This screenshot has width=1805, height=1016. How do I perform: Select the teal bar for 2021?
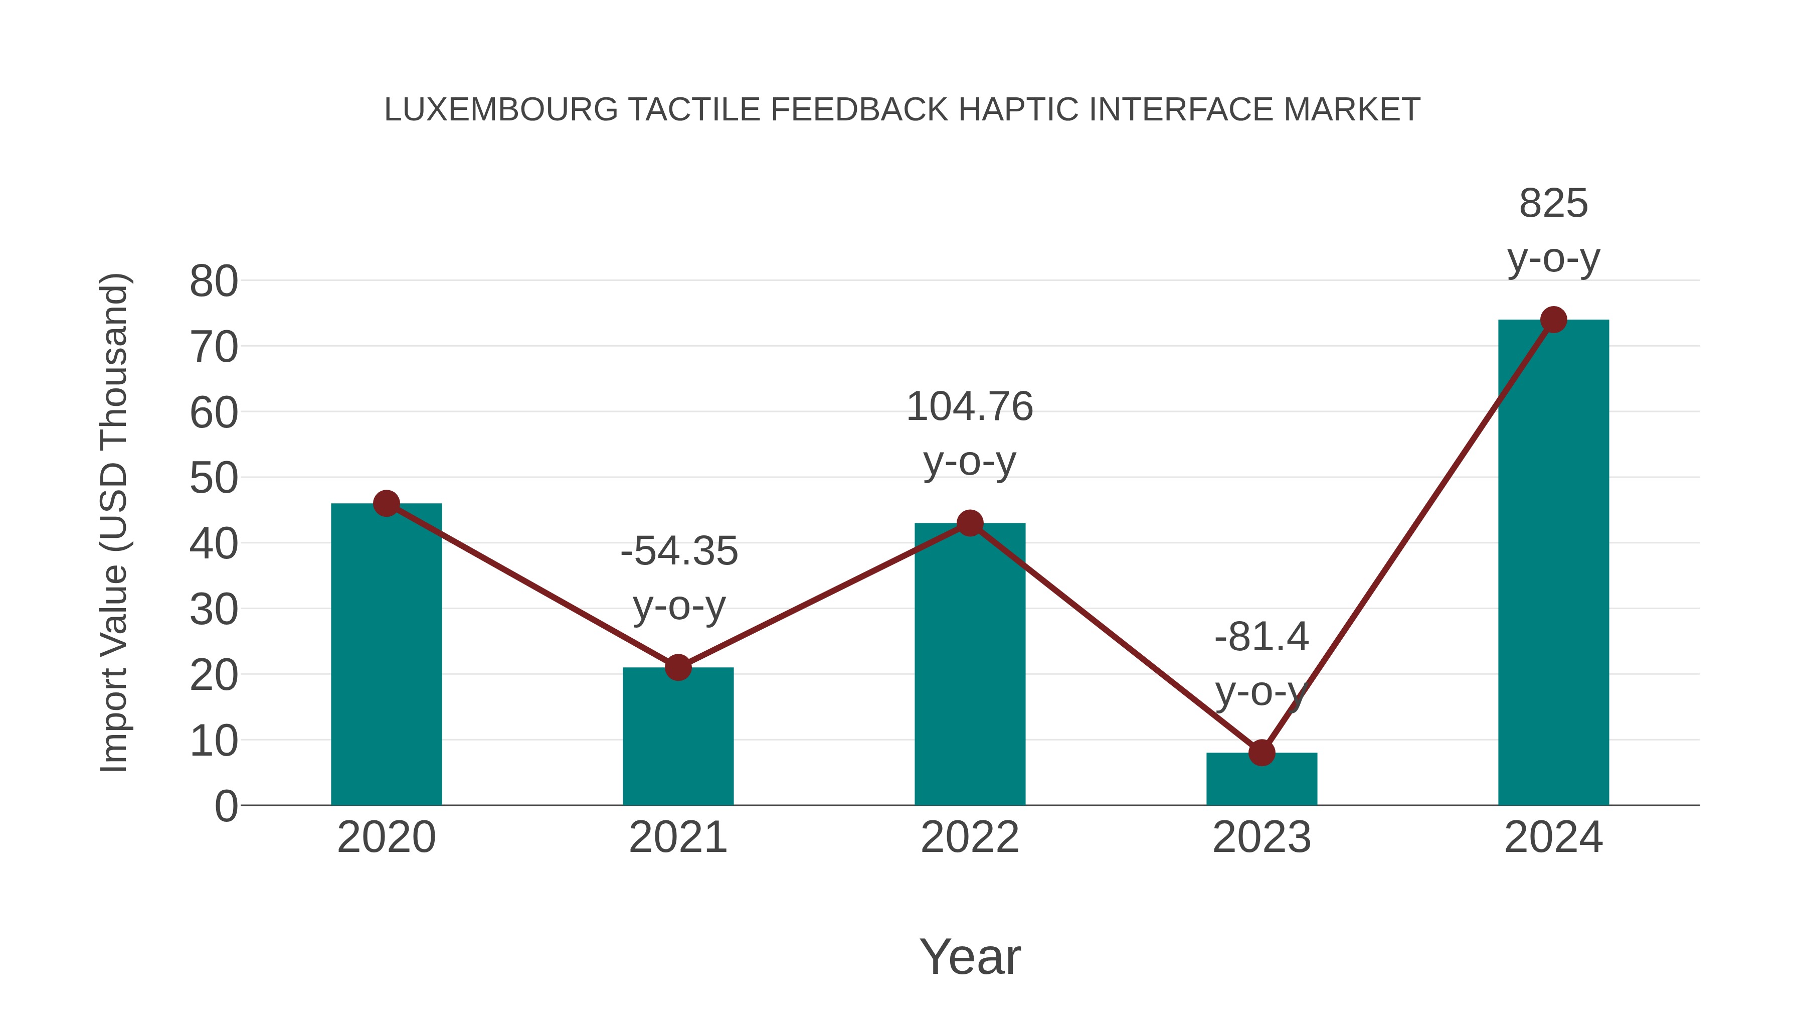[x=677, y=736]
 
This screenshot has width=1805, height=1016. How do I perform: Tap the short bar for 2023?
[x=1261, y=780]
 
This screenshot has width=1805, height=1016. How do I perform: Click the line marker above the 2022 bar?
[x=970, y=523]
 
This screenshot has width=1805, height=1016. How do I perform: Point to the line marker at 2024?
[x=1553, y=320]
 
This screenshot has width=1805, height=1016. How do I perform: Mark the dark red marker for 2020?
[x=386, y=503]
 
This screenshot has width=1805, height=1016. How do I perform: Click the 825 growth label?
[x=1553, y=204]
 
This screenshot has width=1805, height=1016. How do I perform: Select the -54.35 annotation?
[x=679, y=551]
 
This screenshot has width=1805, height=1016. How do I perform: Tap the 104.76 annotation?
[x=970, y=407]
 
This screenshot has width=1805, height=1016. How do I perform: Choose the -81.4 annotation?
[x=1261, y=637]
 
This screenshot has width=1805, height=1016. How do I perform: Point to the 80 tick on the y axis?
[x=214, y=282]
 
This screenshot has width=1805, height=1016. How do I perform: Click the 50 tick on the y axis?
[x=214, y=479]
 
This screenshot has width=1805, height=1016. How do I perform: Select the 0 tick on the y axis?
[x=226, y=806]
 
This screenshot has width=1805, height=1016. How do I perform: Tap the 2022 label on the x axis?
[x=970, y=837]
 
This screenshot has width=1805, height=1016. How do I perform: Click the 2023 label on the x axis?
[x=1261, y=837]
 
